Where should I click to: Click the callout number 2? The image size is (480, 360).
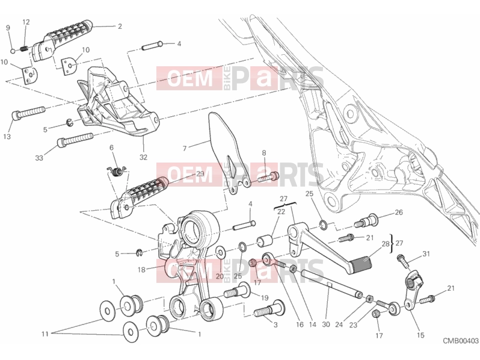tap(120, 26)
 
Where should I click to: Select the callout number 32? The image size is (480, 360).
tap(143, 157)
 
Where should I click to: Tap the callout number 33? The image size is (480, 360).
tap(39, 158)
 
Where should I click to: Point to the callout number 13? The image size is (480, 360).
tap(7, 137)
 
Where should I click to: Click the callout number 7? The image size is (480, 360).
tap(185, 149)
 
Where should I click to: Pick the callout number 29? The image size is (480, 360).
tap(200, 174)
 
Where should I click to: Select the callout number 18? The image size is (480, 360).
tap(141, 270)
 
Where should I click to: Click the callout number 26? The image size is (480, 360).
tap(399, 213)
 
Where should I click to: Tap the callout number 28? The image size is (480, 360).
tap(386, 244)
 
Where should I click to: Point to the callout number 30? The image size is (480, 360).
tap(326, 324)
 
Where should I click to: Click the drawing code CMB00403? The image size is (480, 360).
tap(461, 341)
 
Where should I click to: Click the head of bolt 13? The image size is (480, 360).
tap(16, 116)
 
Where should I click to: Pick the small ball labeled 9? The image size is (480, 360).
tap(13, 51)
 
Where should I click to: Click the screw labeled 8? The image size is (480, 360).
tap(268, 177)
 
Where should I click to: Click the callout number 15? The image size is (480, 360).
tap(420, 335)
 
